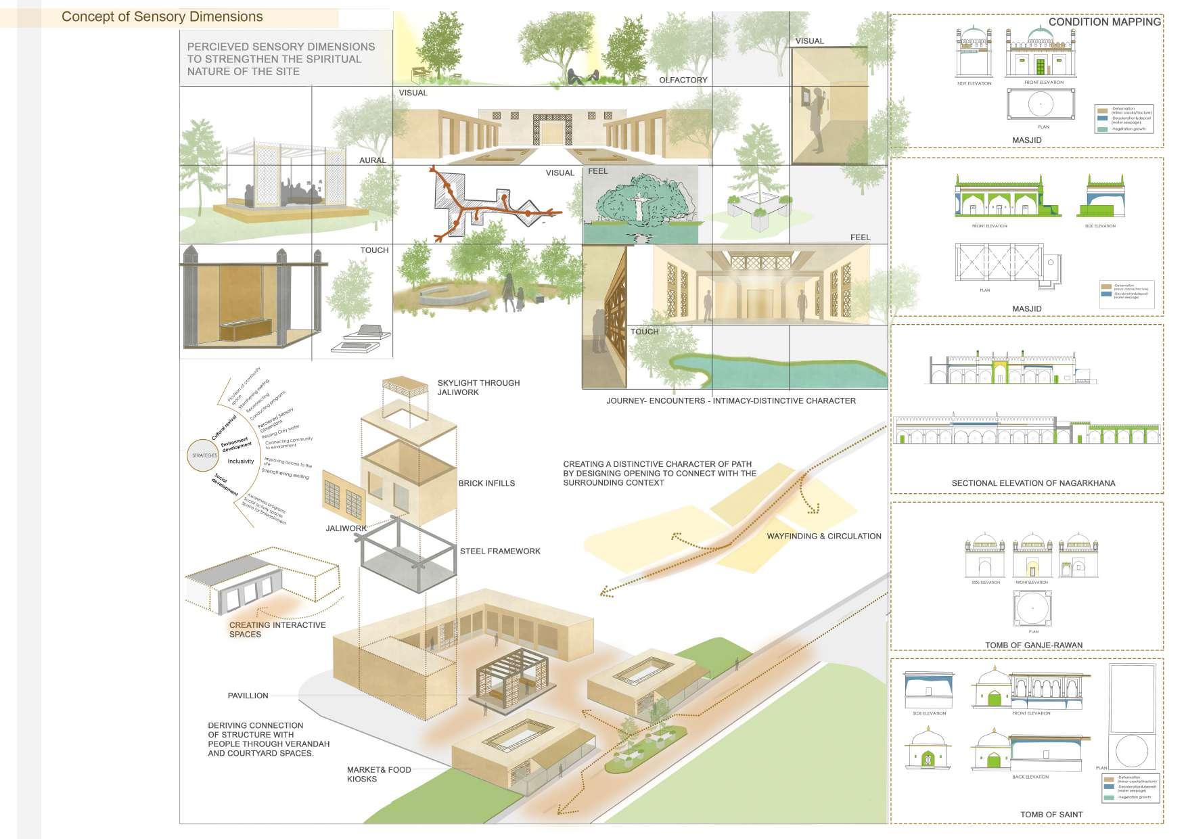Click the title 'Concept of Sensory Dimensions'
click(x=162, y=17)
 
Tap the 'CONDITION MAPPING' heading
click(x=1104, y=22)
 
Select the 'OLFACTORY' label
click(x=683, y=80)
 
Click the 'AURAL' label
click(x=373, y=160)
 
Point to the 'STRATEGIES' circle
click(x=204, y=455)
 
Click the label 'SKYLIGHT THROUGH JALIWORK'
click(x=478, y=388)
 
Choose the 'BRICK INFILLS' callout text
click(x=486, y=483)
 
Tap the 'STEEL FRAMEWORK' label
click(x=500, y=551)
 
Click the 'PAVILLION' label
click(x=248, y=696)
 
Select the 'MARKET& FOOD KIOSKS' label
click(x=378, y=774)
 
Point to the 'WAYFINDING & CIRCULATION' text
click(x=823, y=536)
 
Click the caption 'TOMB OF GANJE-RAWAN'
click(x=1033, y=645)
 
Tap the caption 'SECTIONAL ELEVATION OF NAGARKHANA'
click(x=1033, y=483)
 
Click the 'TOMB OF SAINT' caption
click(x=1051, y=814)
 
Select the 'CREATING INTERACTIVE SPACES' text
click(x=277, y=629)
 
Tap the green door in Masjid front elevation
click(x=1041, y=67)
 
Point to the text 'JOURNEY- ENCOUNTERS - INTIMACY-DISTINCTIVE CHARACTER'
click(x=731, y=401)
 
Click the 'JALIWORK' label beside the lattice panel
click(x=346, y=528)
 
